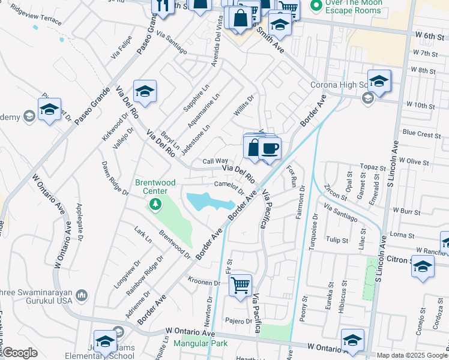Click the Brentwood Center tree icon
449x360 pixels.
(x=155, y=205)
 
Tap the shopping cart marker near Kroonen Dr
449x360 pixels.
(x=240, y=284)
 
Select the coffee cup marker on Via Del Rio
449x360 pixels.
(x=270, y=148)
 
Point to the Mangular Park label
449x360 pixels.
(x=200, y=344)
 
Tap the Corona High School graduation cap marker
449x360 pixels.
(x=379, y=81)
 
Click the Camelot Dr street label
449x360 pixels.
(x=228, y=188)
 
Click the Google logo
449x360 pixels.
(x=19, y=353)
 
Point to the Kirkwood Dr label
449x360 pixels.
(x=111, y=125)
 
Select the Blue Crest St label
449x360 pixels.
(x=422, y=134)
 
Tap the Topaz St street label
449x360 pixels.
(x=372, y=167)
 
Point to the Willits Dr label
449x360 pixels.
(x=244, y=105)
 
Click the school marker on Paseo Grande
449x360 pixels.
(x=144, y=92)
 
